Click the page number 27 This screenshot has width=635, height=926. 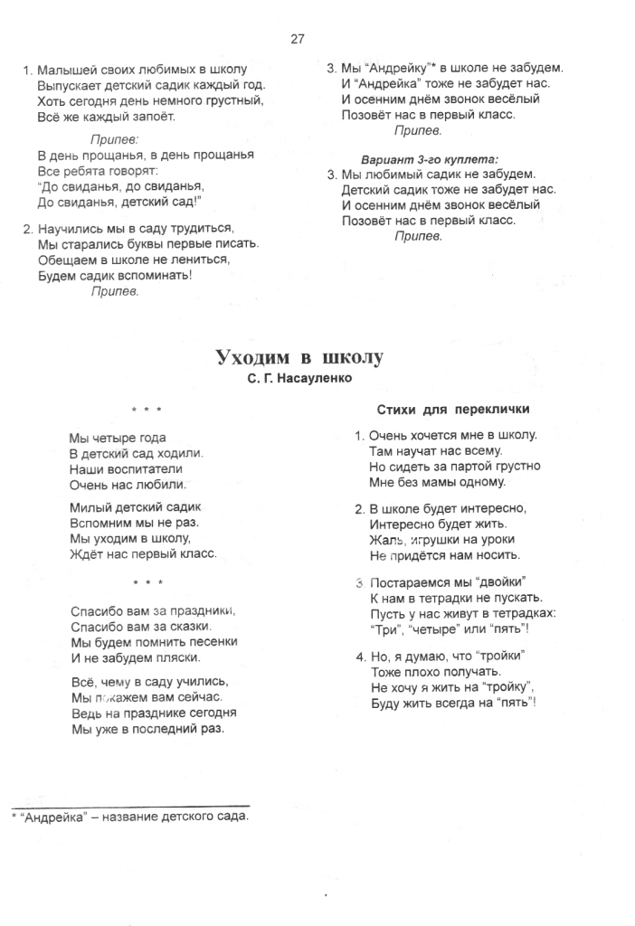click(298, 38)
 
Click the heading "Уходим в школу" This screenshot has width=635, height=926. click(299, 357)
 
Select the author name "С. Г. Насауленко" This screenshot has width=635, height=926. click(299, 379)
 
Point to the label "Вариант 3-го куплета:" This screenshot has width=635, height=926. click(430, 159)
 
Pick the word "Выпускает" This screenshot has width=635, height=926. click(70, 85)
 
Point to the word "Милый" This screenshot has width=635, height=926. click(90, 508)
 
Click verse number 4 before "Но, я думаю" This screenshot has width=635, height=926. click(359, 656)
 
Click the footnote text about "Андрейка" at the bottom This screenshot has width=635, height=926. click(131, 816)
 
